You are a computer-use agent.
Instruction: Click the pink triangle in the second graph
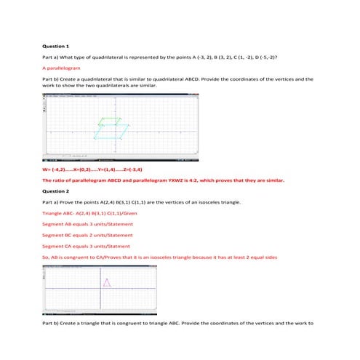(x=108, y=282)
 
